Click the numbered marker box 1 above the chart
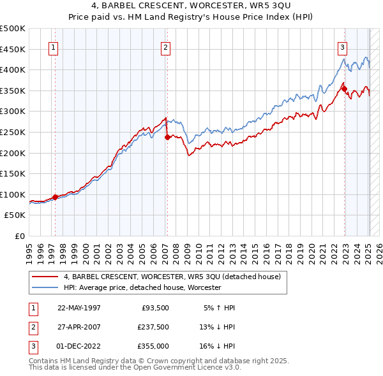point(53,47)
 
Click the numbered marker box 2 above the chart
point(165,47)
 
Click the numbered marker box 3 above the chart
point(343,47)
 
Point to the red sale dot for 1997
point(55,197)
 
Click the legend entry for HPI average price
point(142,287)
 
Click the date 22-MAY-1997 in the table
point(79,308)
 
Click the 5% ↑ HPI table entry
point(220,308)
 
